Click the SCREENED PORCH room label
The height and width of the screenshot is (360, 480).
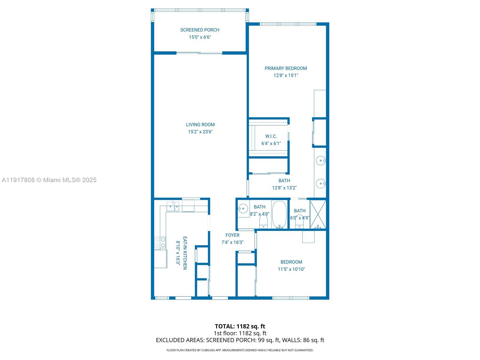(199, 30)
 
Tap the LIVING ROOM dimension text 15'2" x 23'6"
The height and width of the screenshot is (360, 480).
(200, 132)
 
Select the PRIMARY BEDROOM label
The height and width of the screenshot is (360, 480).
(286, 68)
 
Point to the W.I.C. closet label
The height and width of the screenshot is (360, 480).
(271, 136)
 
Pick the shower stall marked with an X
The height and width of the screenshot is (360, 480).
(318, 214)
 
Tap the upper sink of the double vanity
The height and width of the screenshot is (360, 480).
(321, 161)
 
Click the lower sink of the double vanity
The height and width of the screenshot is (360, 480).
(321, 183)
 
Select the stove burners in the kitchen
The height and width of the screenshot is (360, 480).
(160, 242)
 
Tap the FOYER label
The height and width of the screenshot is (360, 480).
(232, 235)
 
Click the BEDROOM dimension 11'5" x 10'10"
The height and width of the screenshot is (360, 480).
(291, 269)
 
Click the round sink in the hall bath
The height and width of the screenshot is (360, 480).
(243, 208)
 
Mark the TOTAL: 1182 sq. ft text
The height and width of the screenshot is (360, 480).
(240, 326)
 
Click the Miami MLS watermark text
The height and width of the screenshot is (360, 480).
(49, 180)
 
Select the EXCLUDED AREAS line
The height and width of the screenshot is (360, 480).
(240, 340)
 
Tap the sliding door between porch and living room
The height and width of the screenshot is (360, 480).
(199, 53)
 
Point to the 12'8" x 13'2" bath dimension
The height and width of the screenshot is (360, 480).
(284, 188)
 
